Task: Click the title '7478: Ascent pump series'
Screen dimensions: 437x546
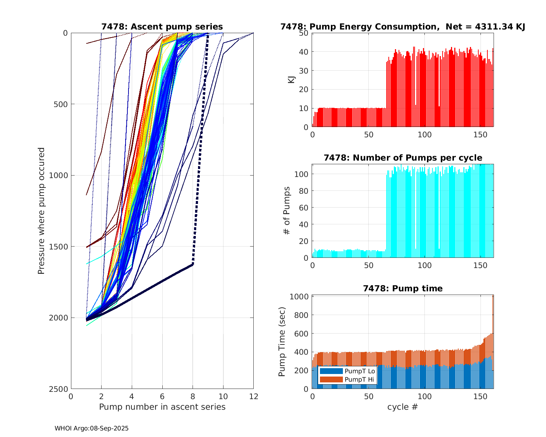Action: (162, 27)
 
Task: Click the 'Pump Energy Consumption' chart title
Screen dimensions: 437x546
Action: (403, 27)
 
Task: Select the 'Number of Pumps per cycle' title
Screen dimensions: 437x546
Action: (403, 158)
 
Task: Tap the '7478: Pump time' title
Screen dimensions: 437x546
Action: (403, 288)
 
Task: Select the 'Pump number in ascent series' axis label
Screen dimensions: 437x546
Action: (162, 407)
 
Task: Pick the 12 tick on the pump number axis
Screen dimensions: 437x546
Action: (253, 397)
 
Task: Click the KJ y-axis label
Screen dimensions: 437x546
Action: (291, 80)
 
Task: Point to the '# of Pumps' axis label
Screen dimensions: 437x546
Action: (287, 210)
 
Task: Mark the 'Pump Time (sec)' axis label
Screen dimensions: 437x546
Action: (282, 342)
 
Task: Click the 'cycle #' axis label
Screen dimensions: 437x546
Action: (403, 407)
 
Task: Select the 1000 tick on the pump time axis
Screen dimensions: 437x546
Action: (299, 296)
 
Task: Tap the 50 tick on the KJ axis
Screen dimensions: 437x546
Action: (304, 33)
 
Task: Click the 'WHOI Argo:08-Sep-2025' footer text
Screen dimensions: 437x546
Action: (92, 428)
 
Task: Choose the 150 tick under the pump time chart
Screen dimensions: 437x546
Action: (480, 397)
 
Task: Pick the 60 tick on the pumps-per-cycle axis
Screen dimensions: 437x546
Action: (304, 208)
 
